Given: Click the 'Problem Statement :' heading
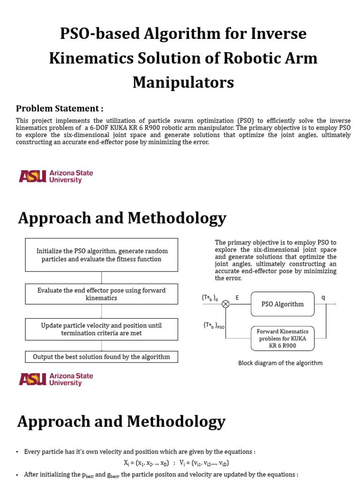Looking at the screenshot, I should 60,108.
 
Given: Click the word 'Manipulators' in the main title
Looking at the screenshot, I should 183,82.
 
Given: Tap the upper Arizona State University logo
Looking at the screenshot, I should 56,176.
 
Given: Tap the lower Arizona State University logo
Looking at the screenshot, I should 56,379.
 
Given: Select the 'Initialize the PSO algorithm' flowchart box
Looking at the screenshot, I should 101,255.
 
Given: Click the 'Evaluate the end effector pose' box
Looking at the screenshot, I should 101,294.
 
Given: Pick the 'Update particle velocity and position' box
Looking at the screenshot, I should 101,329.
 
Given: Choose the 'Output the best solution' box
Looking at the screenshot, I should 101,357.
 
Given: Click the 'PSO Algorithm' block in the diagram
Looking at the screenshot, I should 282,304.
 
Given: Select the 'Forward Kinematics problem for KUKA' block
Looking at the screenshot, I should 282,338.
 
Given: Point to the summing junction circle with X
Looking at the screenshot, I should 225,304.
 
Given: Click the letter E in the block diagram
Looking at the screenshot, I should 237,297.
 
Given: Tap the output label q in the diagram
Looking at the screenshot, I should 323,297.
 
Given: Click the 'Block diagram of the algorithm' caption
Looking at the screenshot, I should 280,363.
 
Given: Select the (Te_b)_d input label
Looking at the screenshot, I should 210,298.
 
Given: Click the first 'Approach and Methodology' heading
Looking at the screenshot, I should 122,218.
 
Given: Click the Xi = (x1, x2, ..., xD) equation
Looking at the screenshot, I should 146,462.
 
